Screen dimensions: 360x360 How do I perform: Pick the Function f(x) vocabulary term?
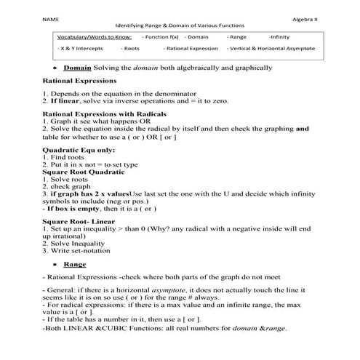click(161, 36)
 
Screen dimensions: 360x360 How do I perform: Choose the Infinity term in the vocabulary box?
click(279, 36)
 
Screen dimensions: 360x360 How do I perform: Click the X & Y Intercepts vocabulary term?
click(81, 49)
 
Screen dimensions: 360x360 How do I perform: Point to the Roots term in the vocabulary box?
click(131, 49)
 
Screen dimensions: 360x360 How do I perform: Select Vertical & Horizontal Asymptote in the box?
click(281, 49)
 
